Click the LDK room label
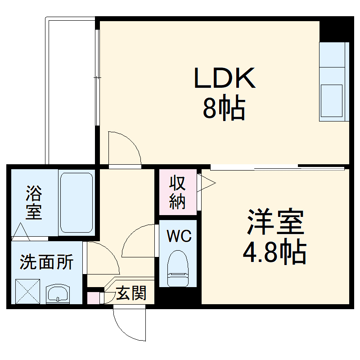click(x=225, y=78)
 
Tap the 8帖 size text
click(x=224, y=108)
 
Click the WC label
click(x=179, y=236)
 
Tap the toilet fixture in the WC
click(x=178, y=269)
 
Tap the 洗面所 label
click(x=46, y=262)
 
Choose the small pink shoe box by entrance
click(x=93, y=298)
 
